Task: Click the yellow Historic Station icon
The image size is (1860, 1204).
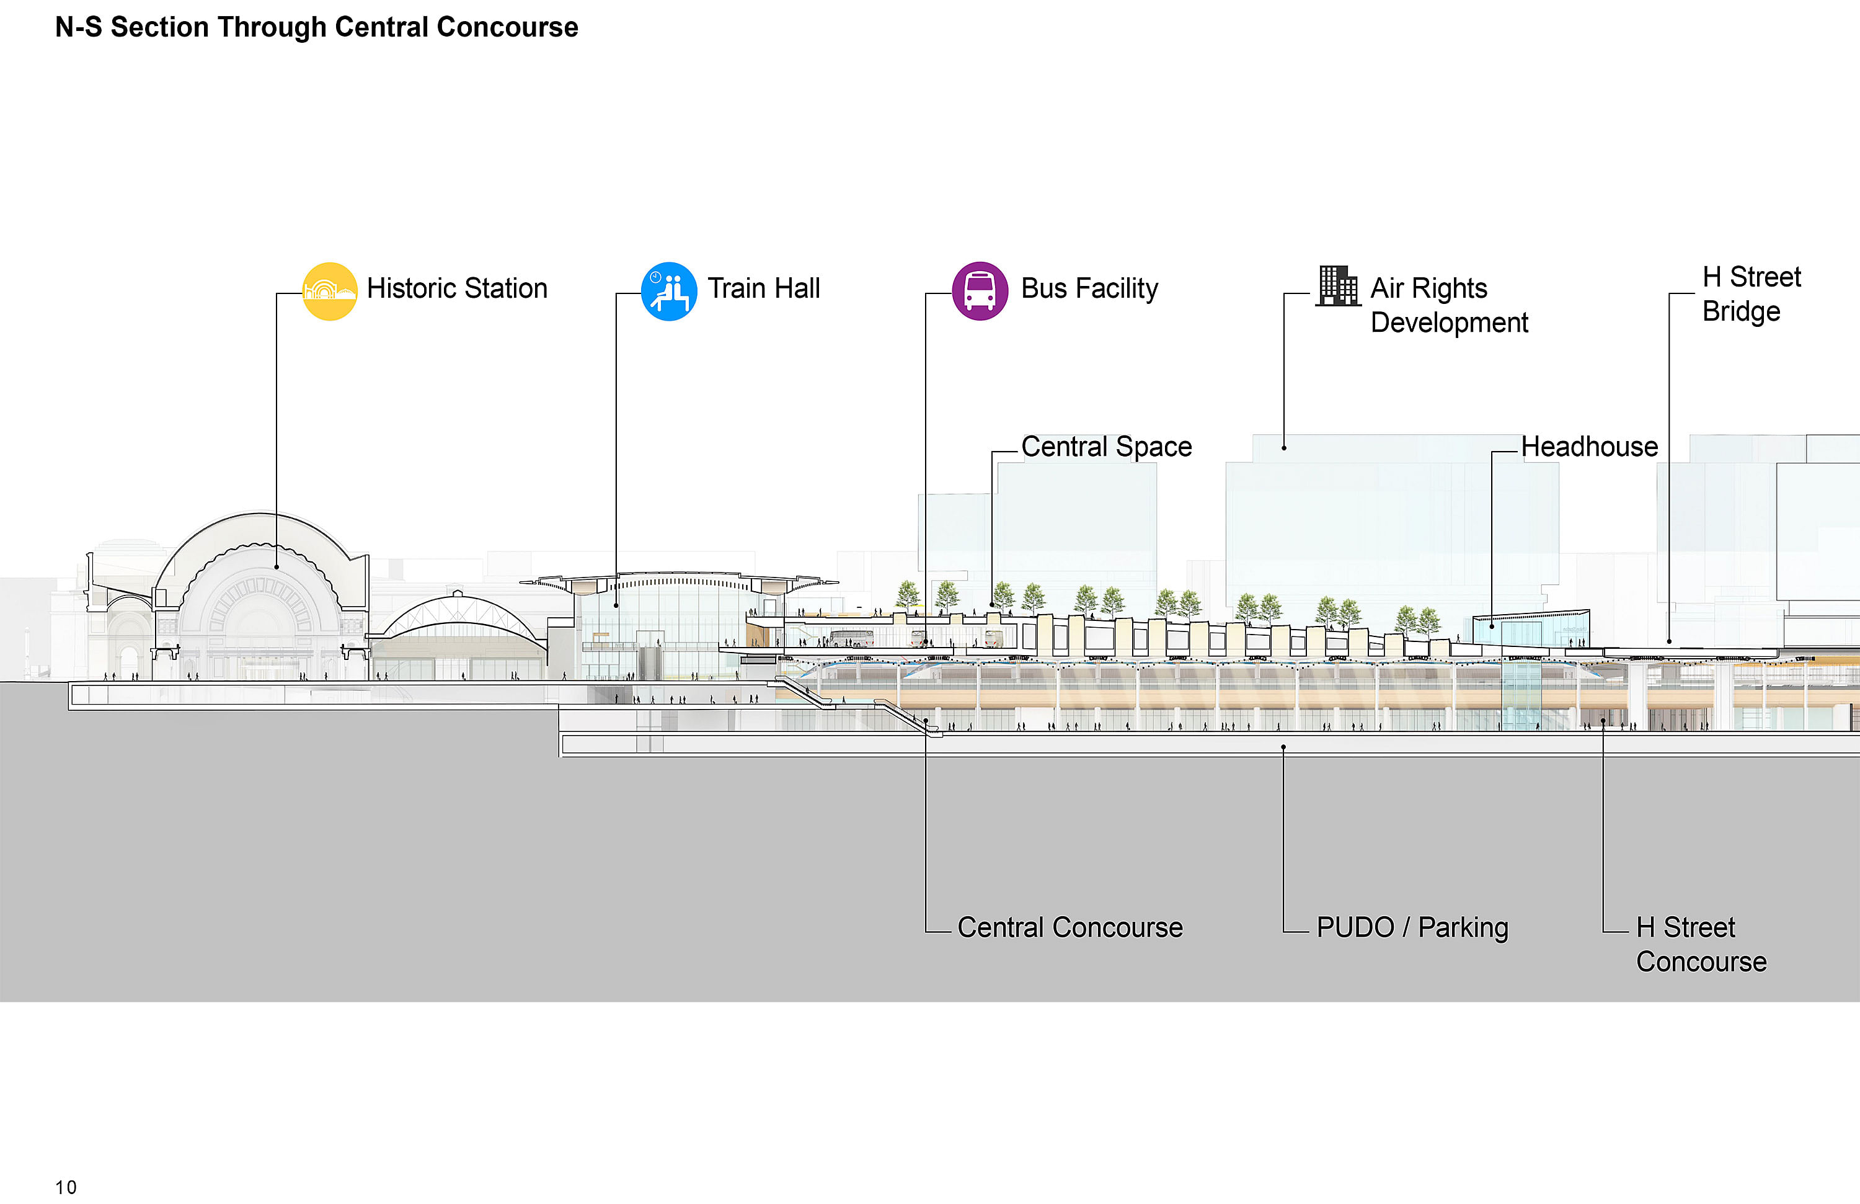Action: point(330,291)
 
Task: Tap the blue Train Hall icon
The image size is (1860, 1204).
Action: point(669,291)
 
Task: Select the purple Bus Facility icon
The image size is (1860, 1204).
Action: point(980,291)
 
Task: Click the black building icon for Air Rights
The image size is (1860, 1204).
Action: point(1338,286)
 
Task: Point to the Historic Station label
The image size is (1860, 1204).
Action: point(457,288)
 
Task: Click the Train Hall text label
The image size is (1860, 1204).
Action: point(764,288)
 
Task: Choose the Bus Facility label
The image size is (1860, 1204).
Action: point(1089,288)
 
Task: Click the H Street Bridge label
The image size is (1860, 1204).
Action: point(1751,294)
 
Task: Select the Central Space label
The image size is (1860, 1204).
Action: point(1107,447)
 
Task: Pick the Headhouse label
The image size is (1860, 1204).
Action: point(1590,447)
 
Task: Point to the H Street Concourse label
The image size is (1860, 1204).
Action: point(1701,945)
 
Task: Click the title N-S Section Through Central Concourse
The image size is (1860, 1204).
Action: point(317,27)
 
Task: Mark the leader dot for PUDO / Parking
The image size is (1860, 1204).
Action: point(1283,747)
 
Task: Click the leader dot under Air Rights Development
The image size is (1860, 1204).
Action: point(1284,448)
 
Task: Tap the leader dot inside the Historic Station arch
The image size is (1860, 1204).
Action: point(277,567)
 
